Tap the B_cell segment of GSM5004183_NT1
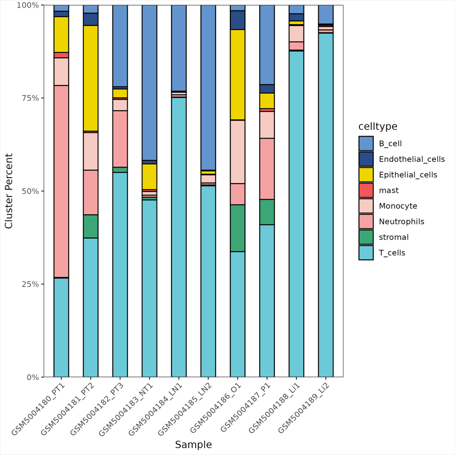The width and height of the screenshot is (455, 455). [149, 83]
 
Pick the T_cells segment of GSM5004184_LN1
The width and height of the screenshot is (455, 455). [179, 236]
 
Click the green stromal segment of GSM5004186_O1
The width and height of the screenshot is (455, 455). [237, 228]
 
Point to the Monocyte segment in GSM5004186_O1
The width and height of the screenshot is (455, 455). [237, 152]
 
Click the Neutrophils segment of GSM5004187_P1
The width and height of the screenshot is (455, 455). [267, 169]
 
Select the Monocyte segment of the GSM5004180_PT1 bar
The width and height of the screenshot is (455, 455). [61, 71]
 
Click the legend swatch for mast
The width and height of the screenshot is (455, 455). [366, 191]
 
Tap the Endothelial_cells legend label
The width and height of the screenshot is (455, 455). [411, 159]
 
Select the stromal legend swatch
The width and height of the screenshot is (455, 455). [366, 237]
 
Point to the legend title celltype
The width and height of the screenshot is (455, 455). [377, 126]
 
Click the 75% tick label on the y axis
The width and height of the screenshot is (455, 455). [31, 98]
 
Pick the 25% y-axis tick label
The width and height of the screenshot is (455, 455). [31, 284]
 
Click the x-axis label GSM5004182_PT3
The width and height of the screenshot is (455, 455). [96, 407]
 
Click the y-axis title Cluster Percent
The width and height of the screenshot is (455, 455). [9, 191]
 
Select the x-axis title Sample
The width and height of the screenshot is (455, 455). [193, 445]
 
